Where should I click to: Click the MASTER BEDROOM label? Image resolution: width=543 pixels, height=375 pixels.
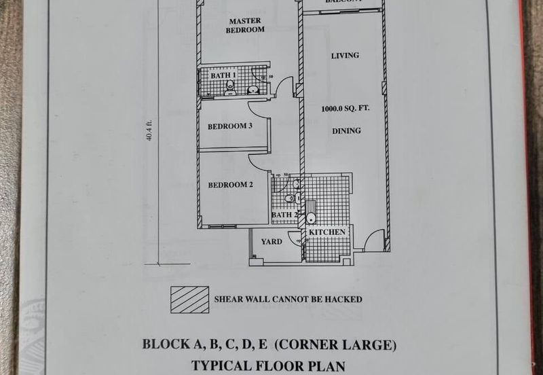(x=244, y=25)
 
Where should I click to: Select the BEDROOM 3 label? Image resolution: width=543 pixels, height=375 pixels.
(x=230, y=126)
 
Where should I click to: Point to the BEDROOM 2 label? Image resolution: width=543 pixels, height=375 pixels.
(x=230, y=184)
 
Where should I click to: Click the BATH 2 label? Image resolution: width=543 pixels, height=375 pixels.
(x=282, y=215)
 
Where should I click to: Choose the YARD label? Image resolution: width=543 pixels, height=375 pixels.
(x=271, y=241)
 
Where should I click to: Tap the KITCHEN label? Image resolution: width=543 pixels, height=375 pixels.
(x=329, y=232)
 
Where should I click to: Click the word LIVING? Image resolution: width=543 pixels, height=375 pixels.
(x=344, y=55)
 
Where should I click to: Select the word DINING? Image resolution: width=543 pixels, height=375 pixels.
(x=346, y=130)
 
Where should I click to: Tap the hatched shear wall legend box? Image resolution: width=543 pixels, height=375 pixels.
(x=189, y=299)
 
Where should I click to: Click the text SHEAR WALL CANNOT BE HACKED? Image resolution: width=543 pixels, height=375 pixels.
(x=288, y=299)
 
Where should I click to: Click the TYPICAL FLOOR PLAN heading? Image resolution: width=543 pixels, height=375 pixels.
(x=269, y=365)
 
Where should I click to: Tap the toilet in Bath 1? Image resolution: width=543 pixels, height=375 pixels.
(x=230, y=86)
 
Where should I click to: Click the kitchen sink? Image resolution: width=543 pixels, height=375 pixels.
(x=311, y=218)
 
